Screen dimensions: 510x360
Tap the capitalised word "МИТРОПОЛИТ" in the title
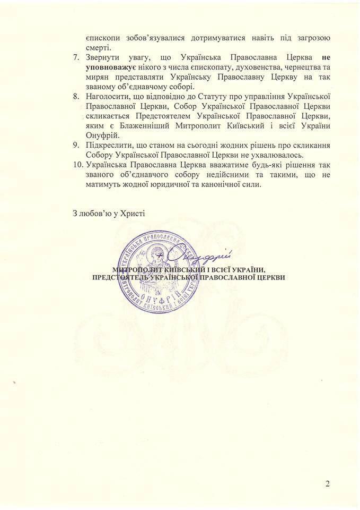(x=141, y=269)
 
